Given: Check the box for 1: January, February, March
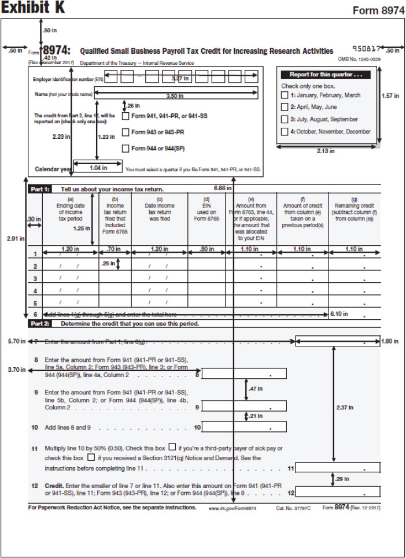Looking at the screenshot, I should (285, 95).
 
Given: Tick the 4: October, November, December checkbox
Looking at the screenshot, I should (285, 132).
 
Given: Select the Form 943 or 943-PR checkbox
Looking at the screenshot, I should (126, 132).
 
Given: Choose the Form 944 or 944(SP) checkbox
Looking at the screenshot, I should (126, 149).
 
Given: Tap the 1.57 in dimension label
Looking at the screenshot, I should (390, 96).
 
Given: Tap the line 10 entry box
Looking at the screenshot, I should (245, 427).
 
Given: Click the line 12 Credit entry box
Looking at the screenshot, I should (338, 493).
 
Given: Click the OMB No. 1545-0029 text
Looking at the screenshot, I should (359, 59).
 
